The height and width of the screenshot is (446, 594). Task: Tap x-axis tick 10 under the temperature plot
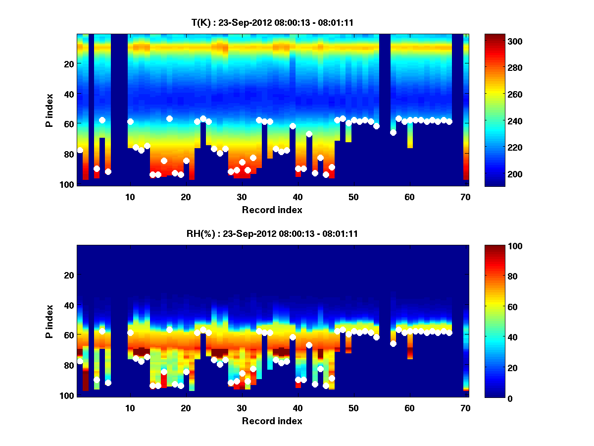(x=130, y=197)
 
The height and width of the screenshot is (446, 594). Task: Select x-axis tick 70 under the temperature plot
(x=465, y=197)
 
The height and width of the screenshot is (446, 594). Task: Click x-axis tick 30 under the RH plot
(x=242, y=408)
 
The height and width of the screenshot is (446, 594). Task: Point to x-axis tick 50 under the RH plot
(x=353, y=408)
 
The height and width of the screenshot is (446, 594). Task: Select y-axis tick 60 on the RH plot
(x=69, y=335)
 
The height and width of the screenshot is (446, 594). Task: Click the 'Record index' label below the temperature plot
(x=272, y=210)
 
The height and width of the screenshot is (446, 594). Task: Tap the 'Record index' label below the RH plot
(x=272, y=421)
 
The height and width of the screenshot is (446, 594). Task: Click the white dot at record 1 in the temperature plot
(x=80, y=150)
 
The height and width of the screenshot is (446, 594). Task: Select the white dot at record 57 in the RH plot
(x=393, y=343)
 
